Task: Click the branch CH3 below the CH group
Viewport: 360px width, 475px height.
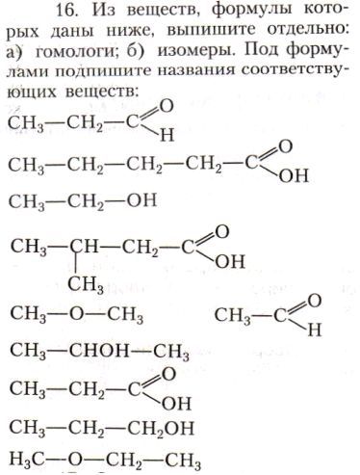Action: coord(85,282)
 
